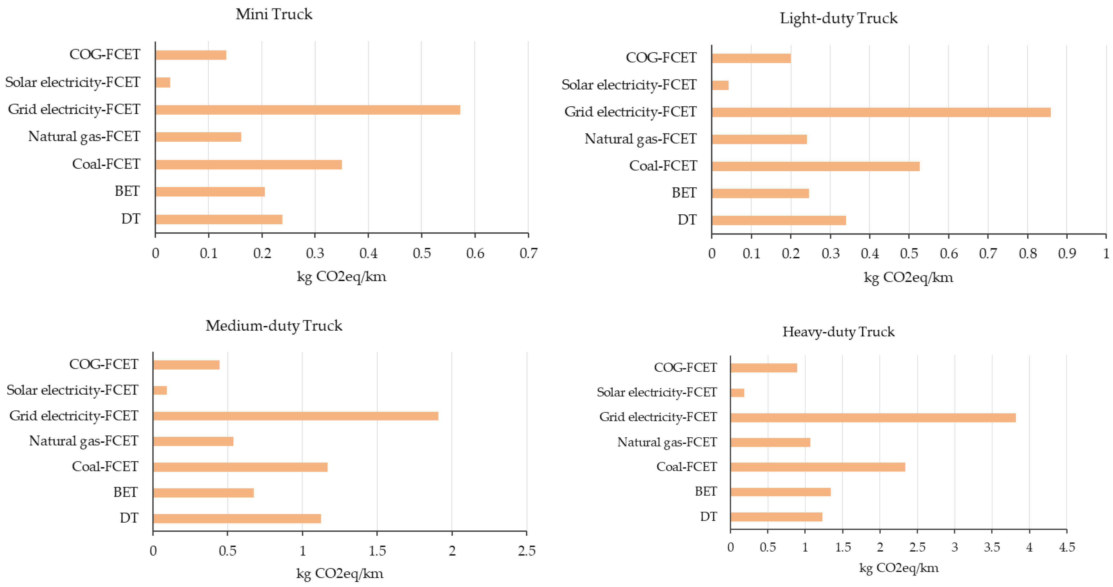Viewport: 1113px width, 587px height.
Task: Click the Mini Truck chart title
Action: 274,14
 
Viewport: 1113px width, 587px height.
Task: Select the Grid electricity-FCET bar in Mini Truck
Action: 308,110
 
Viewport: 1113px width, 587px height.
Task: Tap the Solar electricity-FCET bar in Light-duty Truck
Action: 720,85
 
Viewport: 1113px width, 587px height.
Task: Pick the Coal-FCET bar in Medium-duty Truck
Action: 240,467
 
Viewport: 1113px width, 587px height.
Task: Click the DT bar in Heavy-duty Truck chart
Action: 777,517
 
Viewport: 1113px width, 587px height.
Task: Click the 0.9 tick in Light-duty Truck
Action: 1067,253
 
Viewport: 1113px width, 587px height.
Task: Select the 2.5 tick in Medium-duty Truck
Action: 527,551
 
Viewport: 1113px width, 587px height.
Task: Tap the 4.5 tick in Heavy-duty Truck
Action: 1067,547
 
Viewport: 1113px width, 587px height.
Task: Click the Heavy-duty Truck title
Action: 838,332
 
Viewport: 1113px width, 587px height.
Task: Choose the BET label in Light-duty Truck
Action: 684,193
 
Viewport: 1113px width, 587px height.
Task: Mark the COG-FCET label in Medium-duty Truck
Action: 104,364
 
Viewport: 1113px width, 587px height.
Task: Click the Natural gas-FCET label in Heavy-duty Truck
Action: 667,442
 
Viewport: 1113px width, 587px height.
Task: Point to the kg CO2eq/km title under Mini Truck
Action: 341,277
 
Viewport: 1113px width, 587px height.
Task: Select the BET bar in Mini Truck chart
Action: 210,192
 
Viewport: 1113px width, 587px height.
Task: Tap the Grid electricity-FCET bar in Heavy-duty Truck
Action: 873,417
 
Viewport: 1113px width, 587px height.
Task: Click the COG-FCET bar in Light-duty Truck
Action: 751,58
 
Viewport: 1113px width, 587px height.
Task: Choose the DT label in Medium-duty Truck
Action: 129,518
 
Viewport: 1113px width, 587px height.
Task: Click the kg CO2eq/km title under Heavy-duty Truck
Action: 899,568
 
